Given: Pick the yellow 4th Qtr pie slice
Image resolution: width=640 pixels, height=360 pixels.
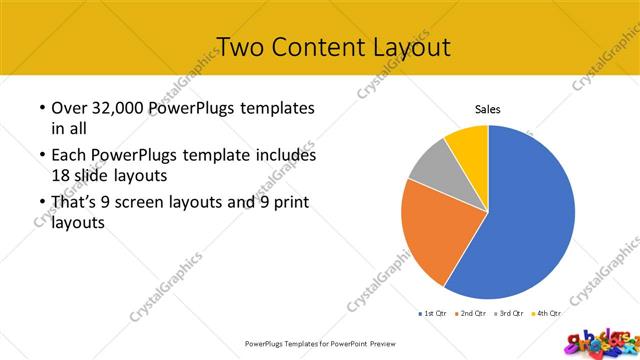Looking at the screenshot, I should click(468, 141).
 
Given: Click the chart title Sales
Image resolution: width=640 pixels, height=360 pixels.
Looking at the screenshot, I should click(487, 109).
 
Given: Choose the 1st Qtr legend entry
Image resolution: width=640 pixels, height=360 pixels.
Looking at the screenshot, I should click(433, 314).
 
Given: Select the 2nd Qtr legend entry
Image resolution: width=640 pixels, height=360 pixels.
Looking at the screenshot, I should click(471, 314).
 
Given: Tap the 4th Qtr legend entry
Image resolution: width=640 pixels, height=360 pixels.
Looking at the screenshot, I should click(545, 314).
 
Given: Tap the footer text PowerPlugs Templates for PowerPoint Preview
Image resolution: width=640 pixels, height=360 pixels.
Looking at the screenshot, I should click(320, 343).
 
